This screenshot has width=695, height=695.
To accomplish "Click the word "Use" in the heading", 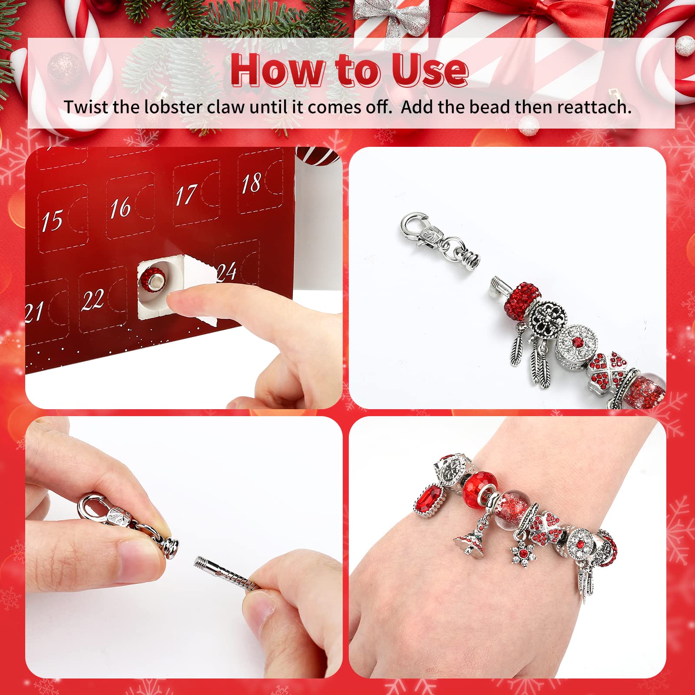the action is [x=430, y=70].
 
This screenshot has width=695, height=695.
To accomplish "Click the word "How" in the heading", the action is [x=278, y=70].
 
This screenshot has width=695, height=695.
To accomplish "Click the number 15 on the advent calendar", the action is [x=52, y=220].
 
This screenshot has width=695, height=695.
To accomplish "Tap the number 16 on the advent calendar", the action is [x=120, y=207].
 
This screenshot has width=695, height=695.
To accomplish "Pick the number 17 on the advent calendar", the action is [x=186, y=195].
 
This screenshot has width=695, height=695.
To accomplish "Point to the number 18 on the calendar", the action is [x=252, y=183].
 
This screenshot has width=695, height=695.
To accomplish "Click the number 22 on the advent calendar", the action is [x=93, y=300].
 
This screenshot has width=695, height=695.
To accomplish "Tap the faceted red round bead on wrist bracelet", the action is [x=479, y=488].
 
